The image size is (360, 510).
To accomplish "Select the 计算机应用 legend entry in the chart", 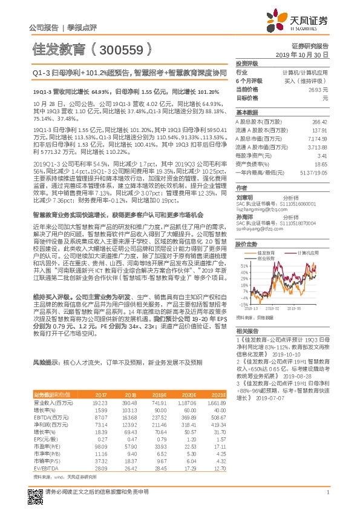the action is click(x=305, y=253).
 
